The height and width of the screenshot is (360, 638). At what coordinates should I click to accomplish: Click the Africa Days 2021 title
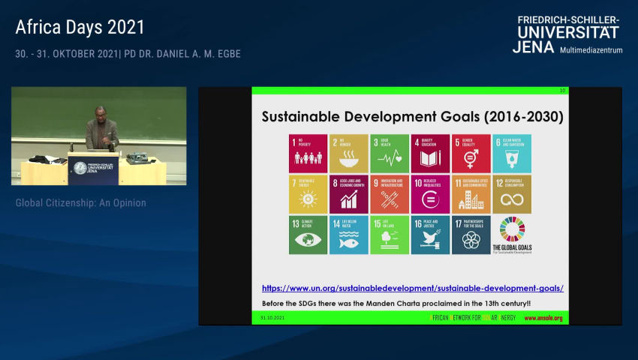tap(80, 28)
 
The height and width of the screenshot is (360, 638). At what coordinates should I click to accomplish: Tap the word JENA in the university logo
tap(533, 47)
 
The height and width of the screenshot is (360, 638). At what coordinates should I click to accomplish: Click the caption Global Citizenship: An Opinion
tap(81, 203)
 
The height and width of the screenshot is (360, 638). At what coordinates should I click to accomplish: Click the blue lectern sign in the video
tap(92, 168)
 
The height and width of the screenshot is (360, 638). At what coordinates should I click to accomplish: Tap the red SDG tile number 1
tap(308, 154)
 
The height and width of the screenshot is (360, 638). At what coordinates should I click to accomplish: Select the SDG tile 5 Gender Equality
tap(471, 154)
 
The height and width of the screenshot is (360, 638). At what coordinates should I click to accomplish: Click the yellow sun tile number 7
tap(308, 194)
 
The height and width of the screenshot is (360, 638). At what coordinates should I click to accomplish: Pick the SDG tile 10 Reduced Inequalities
tap(430, 194)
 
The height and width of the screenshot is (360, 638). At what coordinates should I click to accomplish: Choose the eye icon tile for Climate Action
tap(308, 235)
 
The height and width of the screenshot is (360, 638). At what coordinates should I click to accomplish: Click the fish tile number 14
tap(348, 235)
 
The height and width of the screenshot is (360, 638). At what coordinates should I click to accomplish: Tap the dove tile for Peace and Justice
tap(430, 235)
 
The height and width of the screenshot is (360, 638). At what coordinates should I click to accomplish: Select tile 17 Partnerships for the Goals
tap(471, 235)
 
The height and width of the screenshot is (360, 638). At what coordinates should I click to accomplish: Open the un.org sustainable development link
tap(412, 288)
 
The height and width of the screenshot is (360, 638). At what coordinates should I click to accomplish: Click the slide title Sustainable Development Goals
tap(411, 117)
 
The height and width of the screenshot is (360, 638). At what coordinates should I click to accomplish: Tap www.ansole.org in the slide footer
tap(543, 318)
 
